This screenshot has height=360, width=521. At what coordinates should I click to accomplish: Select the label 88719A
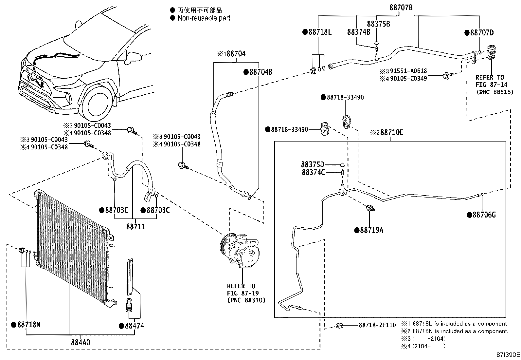pyautogui.click(x=371, y=230)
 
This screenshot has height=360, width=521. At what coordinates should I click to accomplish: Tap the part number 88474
pyautogui.click(x=134, y=326)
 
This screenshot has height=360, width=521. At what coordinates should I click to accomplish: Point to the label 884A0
pyautogui.click(x=80, y=343)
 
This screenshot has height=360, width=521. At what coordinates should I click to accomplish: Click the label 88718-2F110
pyautogui.click(x=377, y=325)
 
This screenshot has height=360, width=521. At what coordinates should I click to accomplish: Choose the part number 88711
pyautogui.click(x=135, y=226)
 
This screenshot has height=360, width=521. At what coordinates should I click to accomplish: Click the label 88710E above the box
pyautogui.click(x=391, y=132)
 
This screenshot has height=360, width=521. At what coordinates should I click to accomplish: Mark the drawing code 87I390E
pyautogui.click(x=508, y=354)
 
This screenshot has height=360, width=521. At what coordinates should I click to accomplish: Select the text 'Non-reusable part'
pyautogui.click(x=204, y=18)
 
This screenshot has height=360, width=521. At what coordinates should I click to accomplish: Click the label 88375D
pyautogui.click(x=313, y=164)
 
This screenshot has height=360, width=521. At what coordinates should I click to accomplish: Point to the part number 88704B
pyautogui.click(x=260, y=72)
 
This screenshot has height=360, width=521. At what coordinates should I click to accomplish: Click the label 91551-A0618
pyautogui.click(x=408, y=71)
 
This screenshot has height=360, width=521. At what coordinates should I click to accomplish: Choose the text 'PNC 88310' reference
pyautogui.click(x=246, y=300)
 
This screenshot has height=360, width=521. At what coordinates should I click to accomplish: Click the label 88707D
pyautogui.click(x=481, y=32)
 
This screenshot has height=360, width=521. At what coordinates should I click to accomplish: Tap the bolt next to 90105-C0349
pyautogui.click(x=446, y=76)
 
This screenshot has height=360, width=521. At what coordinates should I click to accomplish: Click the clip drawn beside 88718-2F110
pyautogui.click(x=339, y=325)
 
